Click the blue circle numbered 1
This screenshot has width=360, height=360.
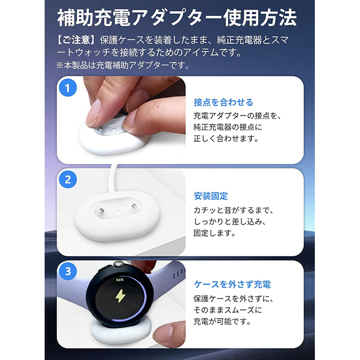tap(68, 88)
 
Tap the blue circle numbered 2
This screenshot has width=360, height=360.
tap(68, 179)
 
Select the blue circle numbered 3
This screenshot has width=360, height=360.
tap(68, 271)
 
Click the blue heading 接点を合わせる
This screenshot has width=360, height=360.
tap(224, 103)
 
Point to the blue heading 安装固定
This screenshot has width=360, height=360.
tap(211, 196)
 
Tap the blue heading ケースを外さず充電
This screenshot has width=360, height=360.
tap(232, 284)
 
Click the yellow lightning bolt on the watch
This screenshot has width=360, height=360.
tap(120, 296)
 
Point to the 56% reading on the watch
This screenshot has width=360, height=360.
tap(120, 280)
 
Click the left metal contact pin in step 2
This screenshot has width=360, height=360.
tap(101, 210)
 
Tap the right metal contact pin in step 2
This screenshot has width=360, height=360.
tap(133, 206)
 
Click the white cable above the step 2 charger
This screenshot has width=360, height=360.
tap(113, 178)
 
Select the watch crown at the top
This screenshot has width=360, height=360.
tap(119, 264)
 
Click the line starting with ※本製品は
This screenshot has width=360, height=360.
tap(123, 66)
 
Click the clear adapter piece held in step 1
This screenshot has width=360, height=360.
tap(111, 128)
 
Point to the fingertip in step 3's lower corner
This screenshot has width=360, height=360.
tap(169, 334)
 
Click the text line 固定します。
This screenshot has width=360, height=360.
tap(215, 233)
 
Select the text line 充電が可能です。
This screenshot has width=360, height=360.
tap(222, 322)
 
